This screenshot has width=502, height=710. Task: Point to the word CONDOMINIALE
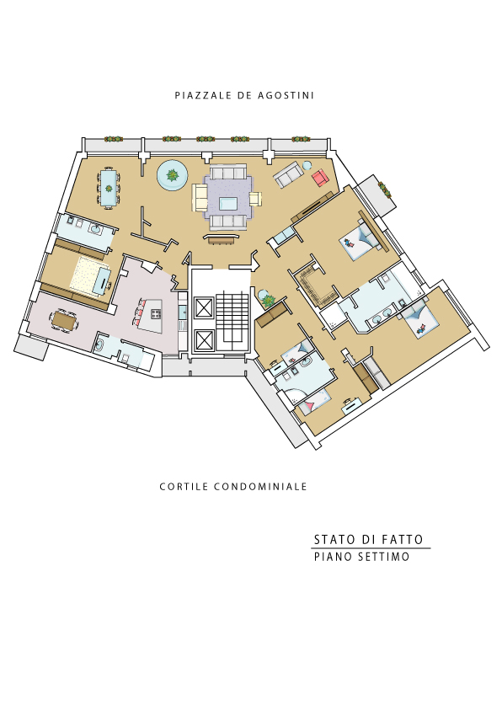coord(260,487)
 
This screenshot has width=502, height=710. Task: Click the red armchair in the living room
coord(320,178)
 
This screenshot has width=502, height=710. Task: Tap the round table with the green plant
coord(173,174)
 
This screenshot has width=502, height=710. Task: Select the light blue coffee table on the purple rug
coord(228,203)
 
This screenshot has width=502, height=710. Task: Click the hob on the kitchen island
coord(155,313)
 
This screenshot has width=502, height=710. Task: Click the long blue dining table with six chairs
coord(109,187)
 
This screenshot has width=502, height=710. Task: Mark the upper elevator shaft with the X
coord(204,308)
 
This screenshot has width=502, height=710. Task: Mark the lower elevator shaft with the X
coord(204,340)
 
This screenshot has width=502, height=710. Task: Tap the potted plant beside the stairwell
coord(268,299)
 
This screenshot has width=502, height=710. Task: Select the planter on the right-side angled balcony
coord(385,190)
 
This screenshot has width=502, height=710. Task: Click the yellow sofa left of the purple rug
coord(200,197)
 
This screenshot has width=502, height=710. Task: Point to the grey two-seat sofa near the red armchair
coord(289,174)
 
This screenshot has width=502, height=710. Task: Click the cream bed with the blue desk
coord(90,276)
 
